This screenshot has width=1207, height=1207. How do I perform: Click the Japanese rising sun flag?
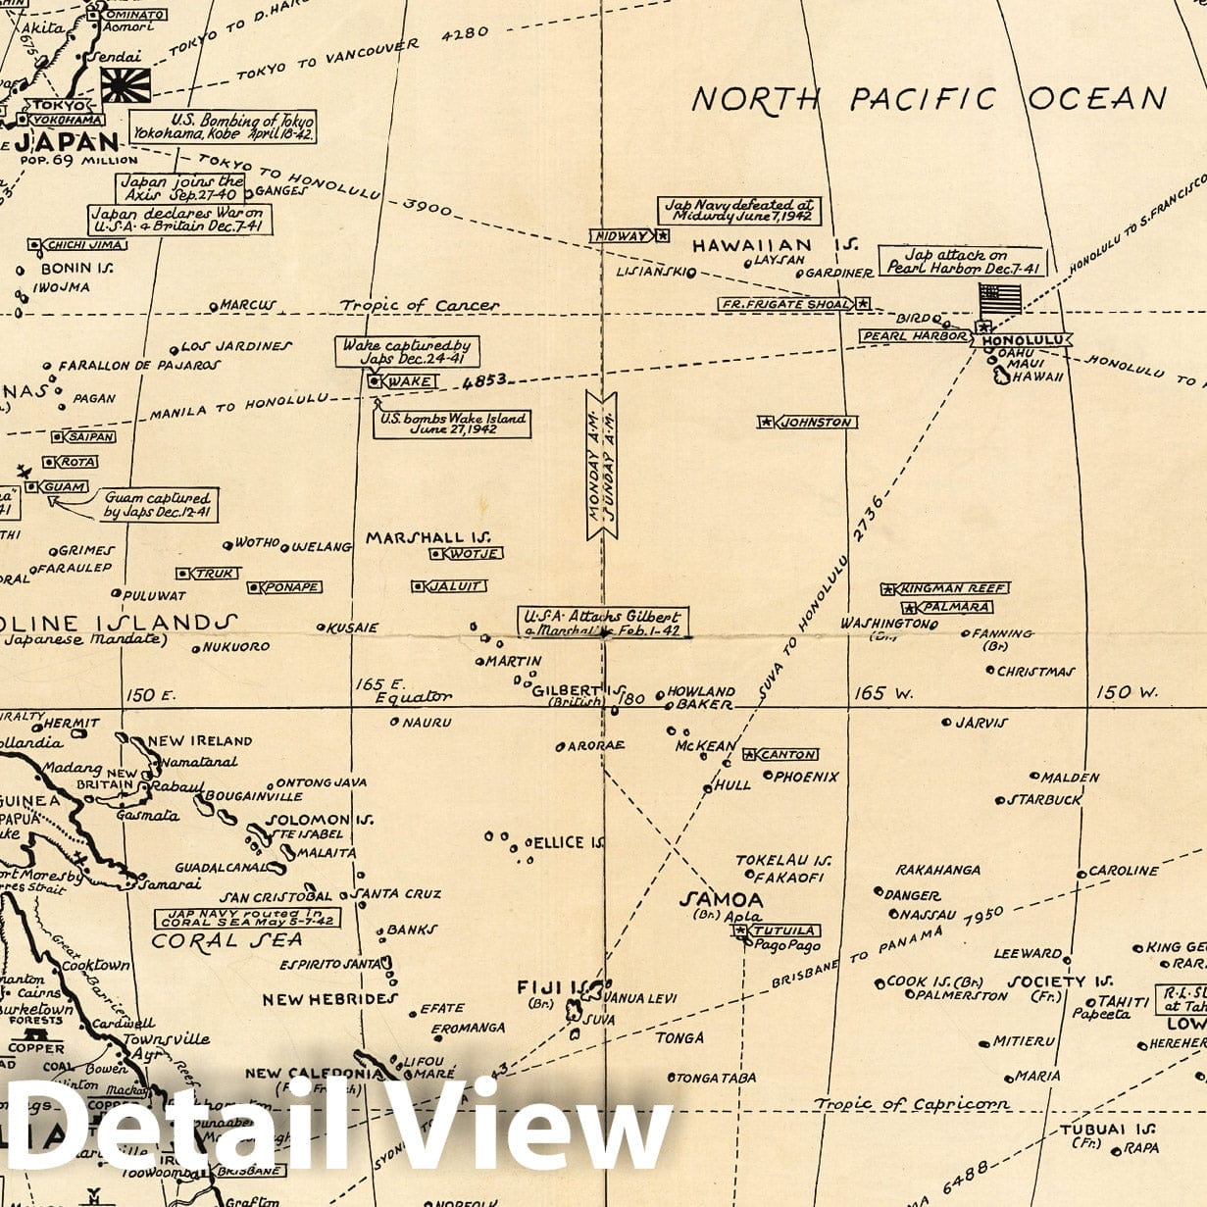[x=126, y=85]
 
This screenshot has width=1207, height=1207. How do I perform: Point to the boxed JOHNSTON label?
[x=816, y=422]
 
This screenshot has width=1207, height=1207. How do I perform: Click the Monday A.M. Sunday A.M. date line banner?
[x=601, y=464]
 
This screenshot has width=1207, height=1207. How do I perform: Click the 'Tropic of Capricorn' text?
[x=912, y=1104]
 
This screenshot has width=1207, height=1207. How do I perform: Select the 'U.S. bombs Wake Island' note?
[x=453, y=424]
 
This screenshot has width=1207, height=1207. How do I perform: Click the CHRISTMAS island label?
[x=1035, y=672]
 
